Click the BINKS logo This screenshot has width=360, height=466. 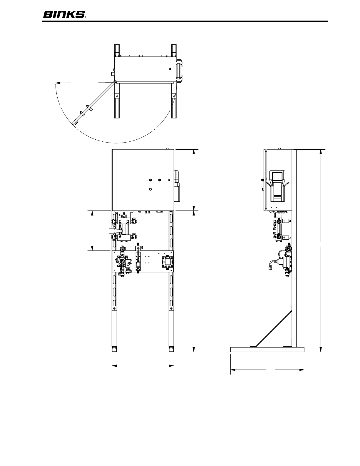(65, 15)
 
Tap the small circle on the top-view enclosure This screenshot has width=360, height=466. (170, 69)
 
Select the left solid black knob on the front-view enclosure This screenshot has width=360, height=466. (150, 180)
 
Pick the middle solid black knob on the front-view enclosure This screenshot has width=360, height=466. (160, 180)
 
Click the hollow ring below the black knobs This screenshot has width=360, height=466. (150, 189)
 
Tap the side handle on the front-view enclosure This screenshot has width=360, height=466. (177, 186)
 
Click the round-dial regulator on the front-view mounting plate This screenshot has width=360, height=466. (122, 261)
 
